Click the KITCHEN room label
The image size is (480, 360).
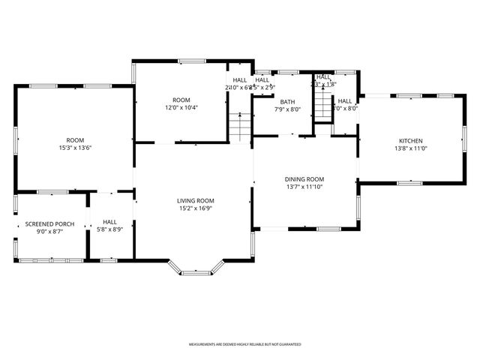point(410,141)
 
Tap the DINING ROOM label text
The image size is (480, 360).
point(304,179)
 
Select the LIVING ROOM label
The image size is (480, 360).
point(196,201)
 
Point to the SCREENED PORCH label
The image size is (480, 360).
point(49,224)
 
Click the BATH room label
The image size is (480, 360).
point(287,102)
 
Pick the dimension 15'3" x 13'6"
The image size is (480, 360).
point(74,148)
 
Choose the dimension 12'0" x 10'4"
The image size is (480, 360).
point(181,108)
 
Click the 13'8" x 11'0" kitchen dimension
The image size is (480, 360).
point(410,148)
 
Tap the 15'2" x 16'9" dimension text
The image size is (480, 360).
point(196,208)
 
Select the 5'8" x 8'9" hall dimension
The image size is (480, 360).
point(110,229)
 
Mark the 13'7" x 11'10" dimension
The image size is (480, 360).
point(304,187)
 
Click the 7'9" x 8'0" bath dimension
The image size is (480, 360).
point(287,109)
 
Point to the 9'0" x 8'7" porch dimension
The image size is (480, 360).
point(49,232)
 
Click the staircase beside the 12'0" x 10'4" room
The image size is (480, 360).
point(238,127)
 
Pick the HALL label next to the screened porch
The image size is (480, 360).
point(110,222)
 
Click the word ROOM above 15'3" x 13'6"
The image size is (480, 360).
point(74,140)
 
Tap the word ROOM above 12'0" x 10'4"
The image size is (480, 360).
point(181,100)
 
